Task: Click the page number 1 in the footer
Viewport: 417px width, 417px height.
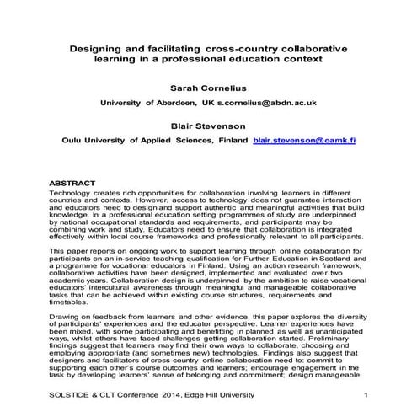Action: (x=367, y=396)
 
